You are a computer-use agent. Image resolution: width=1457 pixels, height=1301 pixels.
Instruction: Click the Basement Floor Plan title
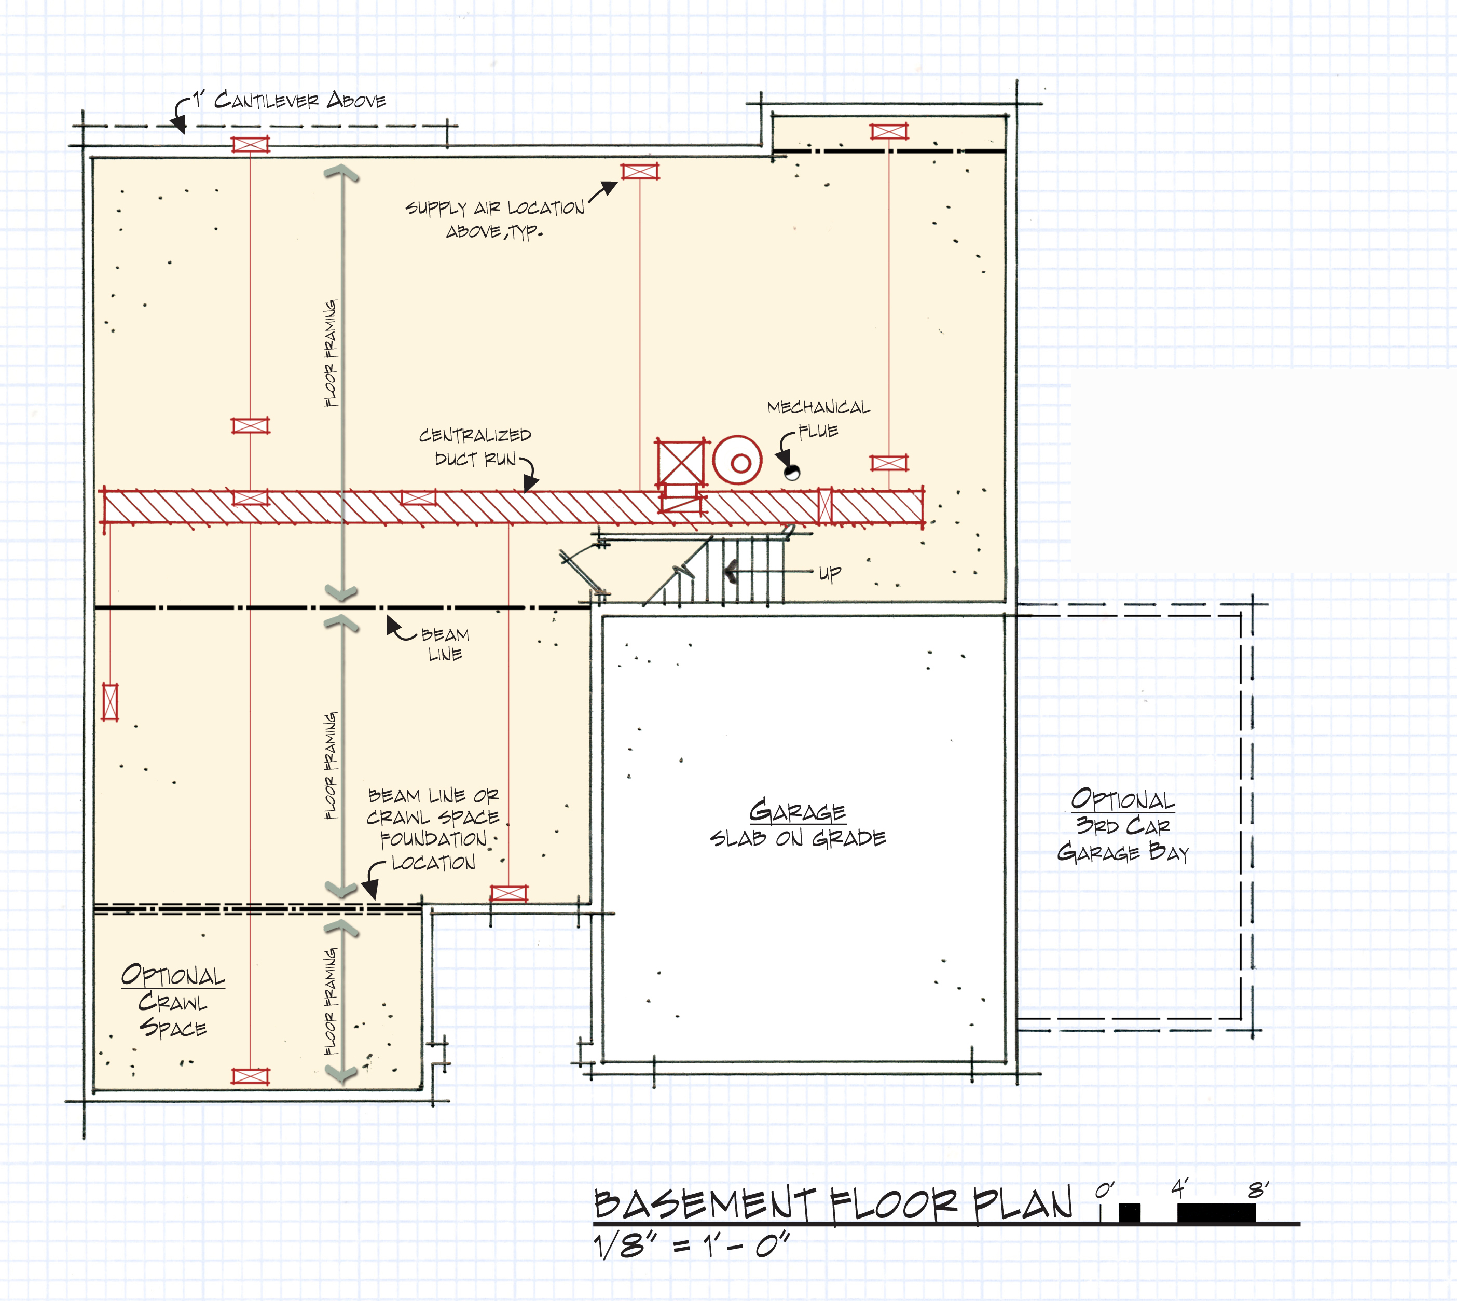(833, 1204)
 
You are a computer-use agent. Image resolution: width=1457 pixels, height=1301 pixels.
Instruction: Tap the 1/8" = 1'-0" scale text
(691, 1246)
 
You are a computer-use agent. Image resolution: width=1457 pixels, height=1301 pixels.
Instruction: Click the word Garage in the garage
(797, 811)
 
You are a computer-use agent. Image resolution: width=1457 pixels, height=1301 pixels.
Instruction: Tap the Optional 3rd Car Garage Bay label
(1122, 826)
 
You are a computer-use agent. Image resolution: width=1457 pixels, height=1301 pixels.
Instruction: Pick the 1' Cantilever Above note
(289, 100)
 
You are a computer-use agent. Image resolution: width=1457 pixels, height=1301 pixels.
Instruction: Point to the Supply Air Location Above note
(494, 219)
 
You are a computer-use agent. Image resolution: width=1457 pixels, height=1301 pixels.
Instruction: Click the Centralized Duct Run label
(475, 447)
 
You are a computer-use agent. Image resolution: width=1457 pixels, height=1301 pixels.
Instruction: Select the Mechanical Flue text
(819, 419)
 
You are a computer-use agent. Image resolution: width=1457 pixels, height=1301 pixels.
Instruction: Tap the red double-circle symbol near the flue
(737, 460)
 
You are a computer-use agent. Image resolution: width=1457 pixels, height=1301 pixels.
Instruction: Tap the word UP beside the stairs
(830, 573)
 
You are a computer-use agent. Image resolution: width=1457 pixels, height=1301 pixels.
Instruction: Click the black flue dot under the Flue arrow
(792, 472)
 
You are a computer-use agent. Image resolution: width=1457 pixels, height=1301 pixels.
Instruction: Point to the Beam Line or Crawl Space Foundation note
(433, 829)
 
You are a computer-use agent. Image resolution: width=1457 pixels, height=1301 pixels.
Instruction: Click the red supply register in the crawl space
(250, 1076)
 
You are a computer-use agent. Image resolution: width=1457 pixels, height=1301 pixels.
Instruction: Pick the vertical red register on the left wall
(110, 701)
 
